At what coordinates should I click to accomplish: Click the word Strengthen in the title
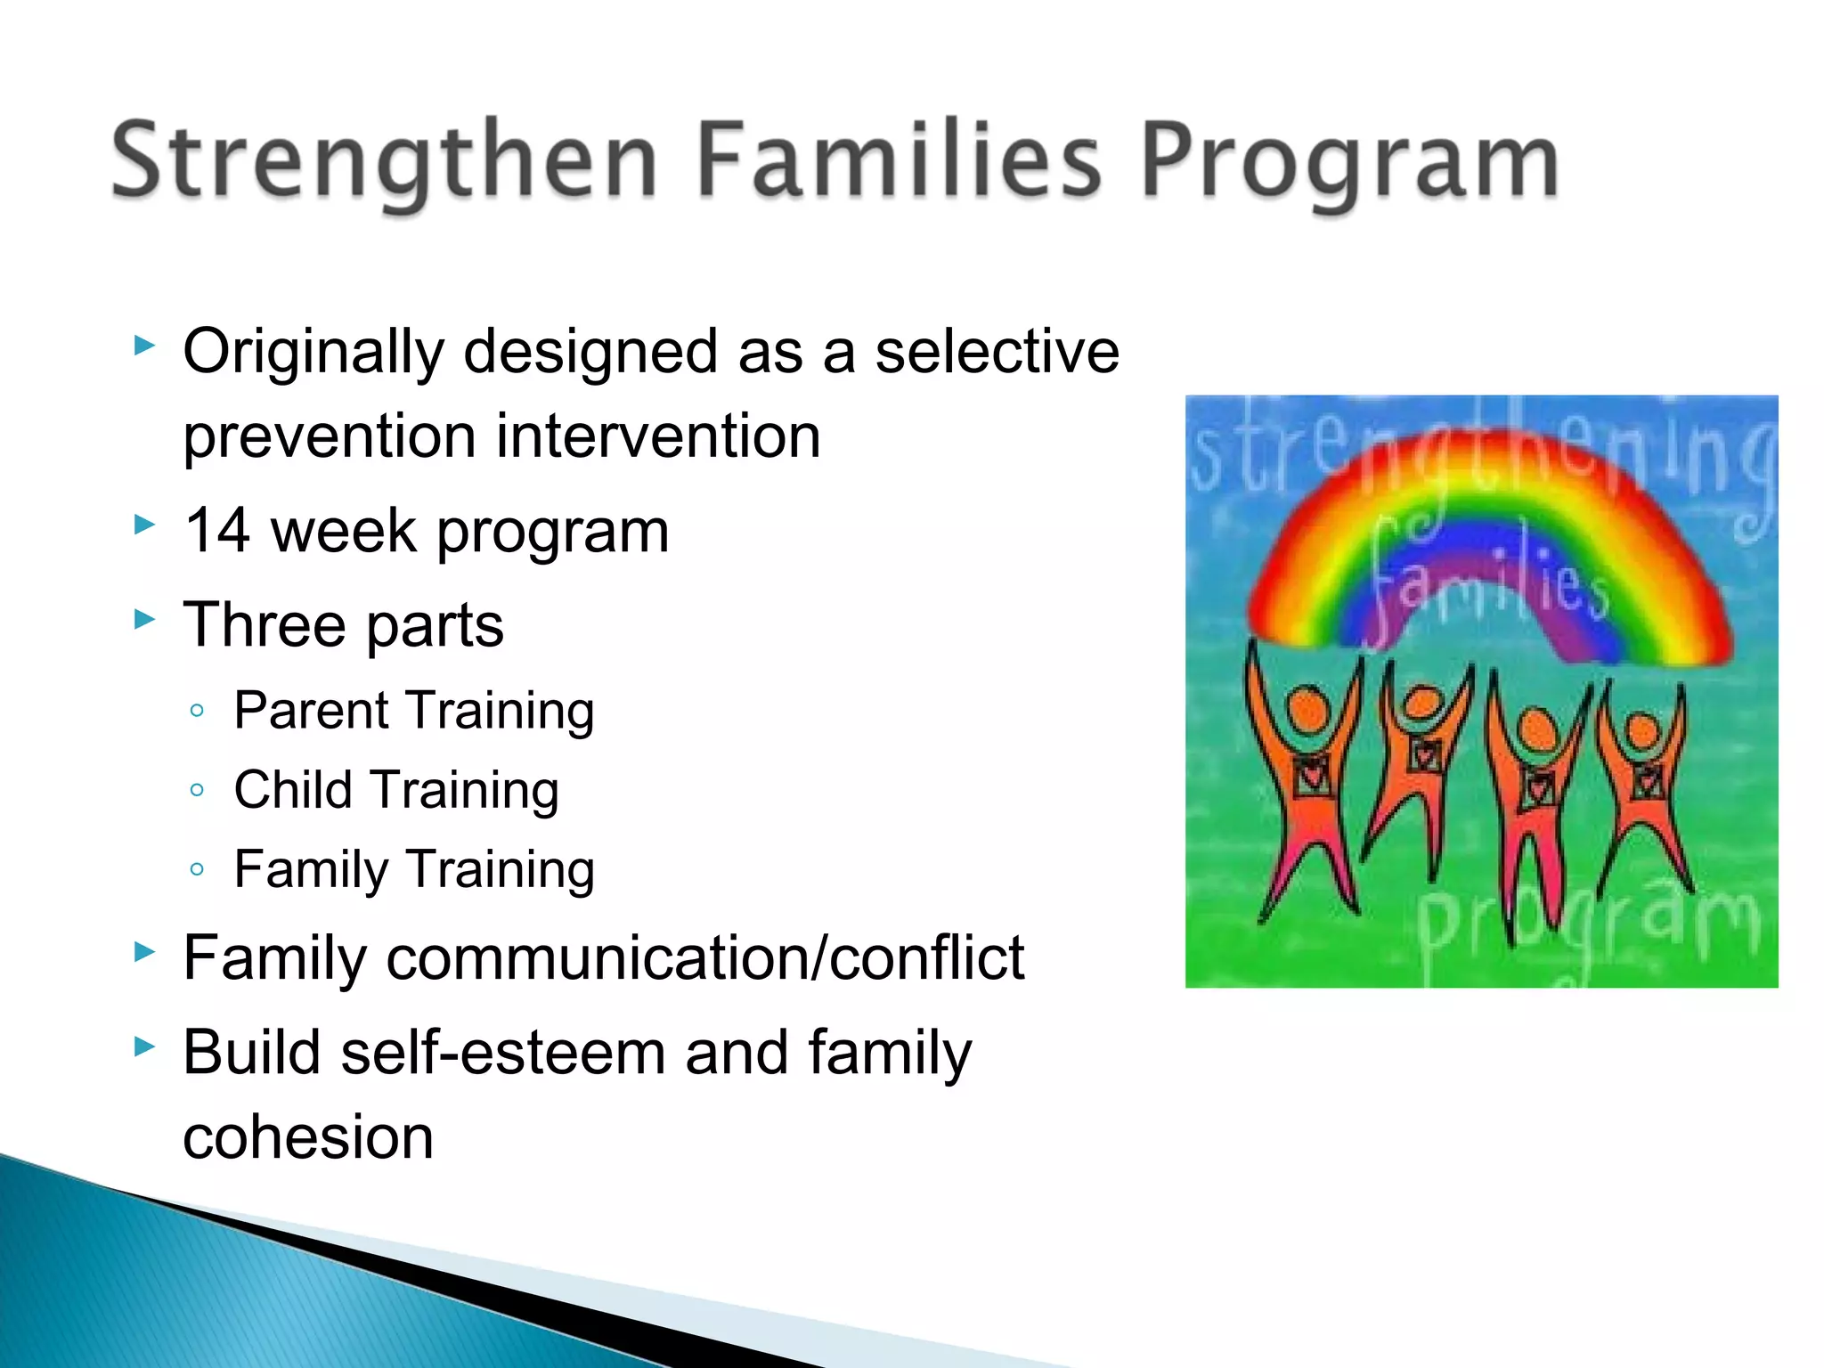(x=383, y=162)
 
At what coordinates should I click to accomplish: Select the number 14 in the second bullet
(x=216, y=532)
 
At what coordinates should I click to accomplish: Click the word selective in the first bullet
(x=997, y=352)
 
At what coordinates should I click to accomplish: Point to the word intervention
(x=658, y=436)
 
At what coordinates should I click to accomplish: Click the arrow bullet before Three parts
(x=144, y=619)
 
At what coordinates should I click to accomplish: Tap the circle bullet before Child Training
(x=198, y=790)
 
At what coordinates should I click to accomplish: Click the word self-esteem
(x=503, y=1054)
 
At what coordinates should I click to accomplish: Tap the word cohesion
(x=308, y=1138)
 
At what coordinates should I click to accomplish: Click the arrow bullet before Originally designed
(x=144, y=346)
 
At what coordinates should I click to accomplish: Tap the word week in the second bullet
(x=343, y=532)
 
